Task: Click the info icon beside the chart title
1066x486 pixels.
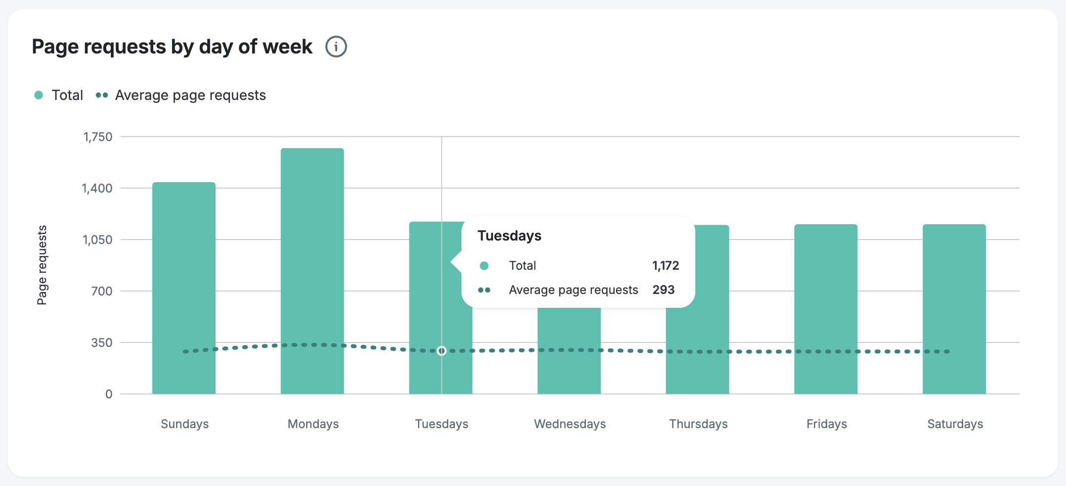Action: click(336, 47)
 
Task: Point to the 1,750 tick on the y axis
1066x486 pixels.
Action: click(98, 137)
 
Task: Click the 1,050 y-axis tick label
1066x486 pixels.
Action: click(97, 240)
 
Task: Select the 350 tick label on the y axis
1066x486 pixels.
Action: click(101, 343)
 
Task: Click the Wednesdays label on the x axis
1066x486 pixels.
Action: click(570, 424)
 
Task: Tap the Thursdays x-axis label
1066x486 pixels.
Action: click(698, 424)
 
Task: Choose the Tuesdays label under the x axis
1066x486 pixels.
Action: click(442, 424)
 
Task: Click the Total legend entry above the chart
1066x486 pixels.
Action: click(59, 95)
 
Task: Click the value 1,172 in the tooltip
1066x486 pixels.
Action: click(666, 266)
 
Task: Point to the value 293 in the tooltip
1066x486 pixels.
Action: click(664, 290)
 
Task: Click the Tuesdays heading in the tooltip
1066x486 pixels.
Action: click(509, 236)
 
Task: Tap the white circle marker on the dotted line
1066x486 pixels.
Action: click(442, 351)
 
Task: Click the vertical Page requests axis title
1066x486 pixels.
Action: click(42, 265)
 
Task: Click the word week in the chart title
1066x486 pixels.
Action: click(287, 47)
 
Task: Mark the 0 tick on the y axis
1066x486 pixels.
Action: click(109, 394)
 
